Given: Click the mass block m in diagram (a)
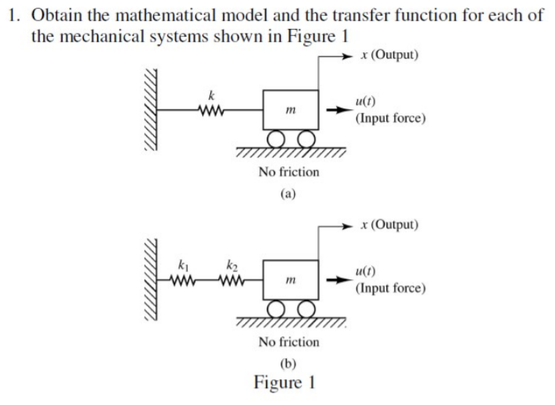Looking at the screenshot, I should click(291, 110).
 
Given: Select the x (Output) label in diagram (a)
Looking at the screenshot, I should click(390, 55).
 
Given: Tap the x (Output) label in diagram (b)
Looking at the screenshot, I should click(390, 225).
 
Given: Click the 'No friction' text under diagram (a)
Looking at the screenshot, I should click(288, 172).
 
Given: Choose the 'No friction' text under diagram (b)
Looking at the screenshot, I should click(288, 341).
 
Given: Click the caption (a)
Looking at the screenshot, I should click(288, 194).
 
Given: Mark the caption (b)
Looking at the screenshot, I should click(288, 363).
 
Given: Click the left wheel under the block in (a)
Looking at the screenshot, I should click(275, 138).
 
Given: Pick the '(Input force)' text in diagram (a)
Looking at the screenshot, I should click(390, 119).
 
